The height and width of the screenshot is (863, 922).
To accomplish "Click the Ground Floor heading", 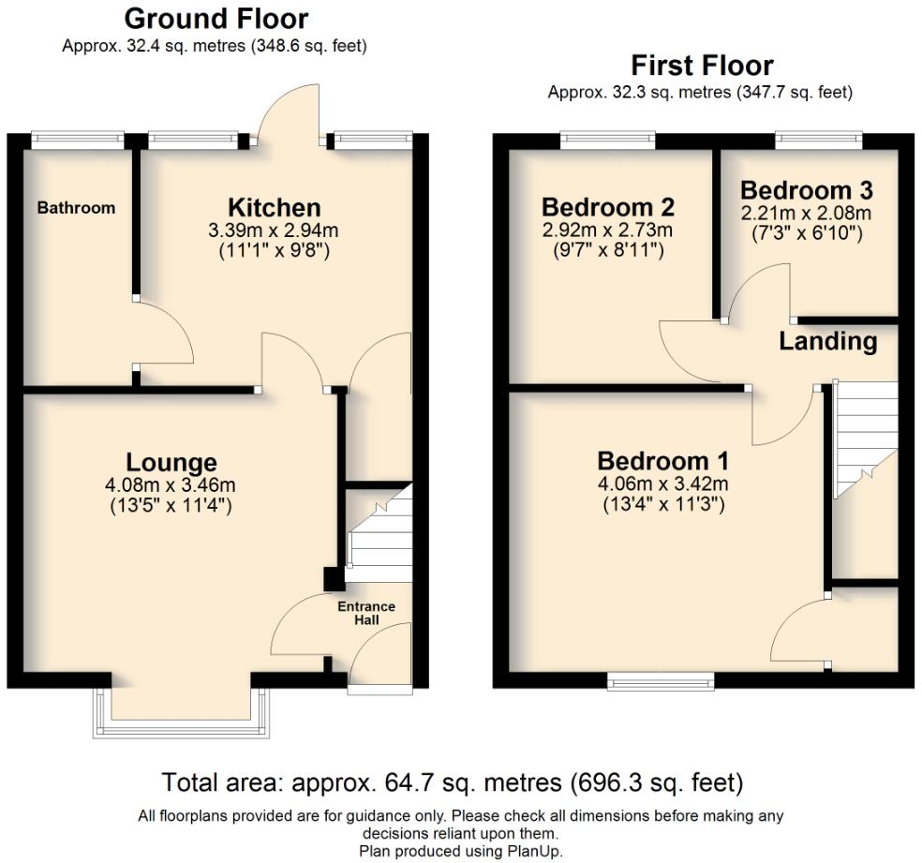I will point(216,19).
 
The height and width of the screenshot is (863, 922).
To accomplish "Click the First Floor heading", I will point(701,66).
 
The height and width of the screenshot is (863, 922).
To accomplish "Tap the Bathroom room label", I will point(76,208).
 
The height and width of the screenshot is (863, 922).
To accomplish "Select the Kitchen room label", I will point(275,208).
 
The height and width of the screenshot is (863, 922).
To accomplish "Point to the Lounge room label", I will point(171,462).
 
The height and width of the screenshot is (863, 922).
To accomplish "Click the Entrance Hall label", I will point(366,613).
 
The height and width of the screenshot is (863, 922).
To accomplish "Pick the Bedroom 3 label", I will point(806,190).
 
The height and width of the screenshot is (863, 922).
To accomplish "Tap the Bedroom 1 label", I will point(662,461).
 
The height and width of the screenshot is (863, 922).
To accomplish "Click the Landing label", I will point(828,342).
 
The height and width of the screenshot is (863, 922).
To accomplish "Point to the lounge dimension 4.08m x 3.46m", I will point(171,485).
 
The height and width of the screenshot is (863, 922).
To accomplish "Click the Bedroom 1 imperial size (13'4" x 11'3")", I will point(662,503).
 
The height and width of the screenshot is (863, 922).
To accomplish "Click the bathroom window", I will point(76,140).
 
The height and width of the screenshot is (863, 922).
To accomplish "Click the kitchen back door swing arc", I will point(290,108).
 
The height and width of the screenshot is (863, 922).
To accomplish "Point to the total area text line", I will point(453,781).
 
